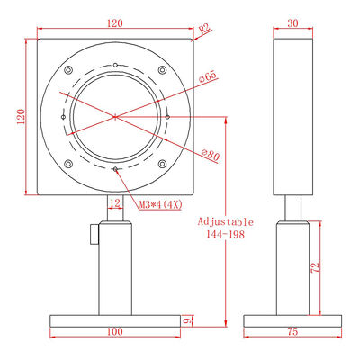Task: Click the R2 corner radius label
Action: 205,29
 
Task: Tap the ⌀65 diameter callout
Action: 208,76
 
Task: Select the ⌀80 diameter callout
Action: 211,155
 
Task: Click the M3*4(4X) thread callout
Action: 161,205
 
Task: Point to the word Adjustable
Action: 225,222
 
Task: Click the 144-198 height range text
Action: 225,234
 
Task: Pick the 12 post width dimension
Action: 115,203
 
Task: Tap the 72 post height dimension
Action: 315,267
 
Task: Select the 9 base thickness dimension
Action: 187,320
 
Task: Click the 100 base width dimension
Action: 115,331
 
